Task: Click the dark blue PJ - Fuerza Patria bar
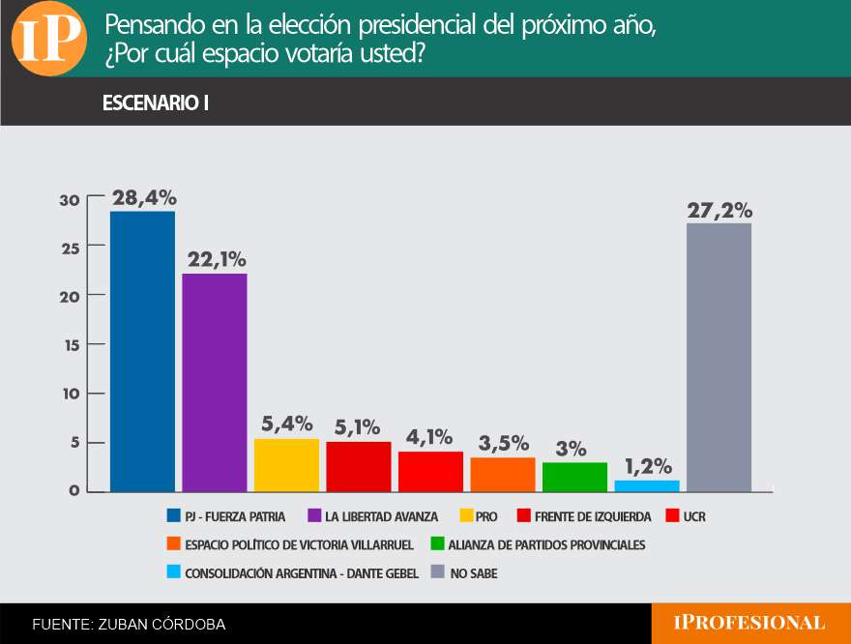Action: pos(143,352)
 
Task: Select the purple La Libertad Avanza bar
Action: pos(215,383)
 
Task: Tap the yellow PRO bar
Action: pos(286,465)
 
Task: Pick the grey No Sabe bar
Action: pos(719,358)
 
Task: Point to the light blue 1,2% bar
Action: pos(647,486)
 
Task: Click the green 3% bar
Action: pos(574,477)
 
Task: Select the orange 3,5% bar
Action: pos(503,475)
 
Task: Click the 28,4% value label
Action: pos(144,198)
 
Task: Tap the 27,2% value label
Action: pos(719,211)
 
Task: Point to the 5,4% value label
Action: pos(287,424)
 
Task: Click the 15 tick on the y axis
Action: pos(73,345)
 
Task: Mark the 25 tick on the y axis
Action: pos(71,249)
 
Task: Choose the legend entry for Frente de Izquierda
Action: pos(584,516)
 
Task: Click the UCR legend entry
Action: pos(686,516)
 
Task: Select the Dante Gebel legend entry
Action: pos(292,572)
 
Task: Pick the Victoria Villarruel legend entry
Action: pos(290,544)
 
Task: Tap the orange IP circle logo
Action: pos(49,39)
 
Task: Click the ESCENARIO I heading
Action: pos(156,102)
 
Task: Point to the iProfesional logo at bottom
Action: pos(749,623)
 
